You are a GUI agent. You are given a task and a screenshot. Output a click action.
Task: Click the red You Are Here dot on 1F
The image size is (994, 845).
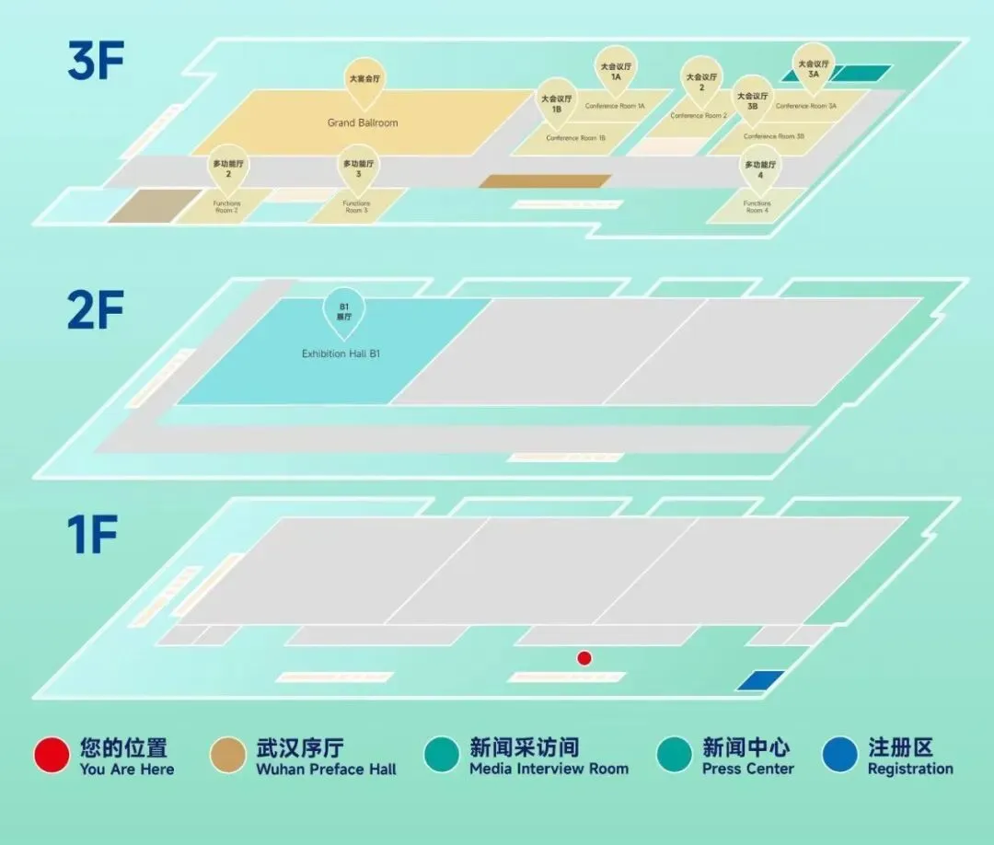tap(584, 658)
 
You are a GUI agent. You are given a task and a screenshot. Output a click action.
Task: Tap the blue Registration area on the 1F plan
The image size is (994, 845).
tap(761, 680)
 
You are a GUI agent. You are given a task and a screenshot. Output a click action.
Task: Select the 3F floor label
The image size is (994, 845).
tap(95, 61)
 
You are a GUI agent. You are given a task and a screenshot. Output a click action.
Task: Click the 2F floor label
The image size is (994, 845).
tap(95, 311)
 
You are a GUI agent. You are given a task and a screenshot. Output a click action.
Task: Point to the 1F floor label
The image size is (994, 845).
tap(92, 537)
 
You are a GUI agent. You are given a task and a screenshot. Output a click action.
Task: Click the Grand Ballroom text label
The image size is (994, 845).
tap(363, 122)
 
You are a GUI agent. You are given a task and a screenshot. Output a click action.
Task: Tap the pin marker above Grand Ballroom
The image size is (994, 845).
tap(364, 81)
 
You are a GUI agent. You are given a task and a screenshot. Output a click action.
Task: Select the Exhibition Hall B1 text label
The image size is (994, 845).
tap(341, 353)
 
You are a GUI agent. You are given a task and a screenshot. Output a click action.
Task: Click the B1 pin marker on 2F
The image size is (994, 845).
tap(344, 311)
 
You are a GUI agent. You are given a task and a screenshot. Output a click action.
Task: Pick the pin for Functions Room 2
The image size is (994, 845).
tap(227, 168)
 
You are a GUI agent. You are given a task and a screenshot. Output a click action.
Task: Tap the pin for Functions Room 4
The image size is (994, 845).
tap(759, 168)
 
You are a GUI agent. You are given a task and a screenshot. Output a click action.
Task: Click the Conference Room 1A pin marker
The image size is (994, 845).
tap(616, 70)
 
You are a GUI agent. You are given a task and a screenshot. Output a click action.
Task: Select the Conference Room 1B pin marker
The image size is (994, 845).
tap(556, 102)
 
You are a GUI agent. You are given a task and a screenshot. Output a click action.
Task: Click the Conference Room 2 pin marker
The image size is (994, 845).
tap(701, 81)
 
